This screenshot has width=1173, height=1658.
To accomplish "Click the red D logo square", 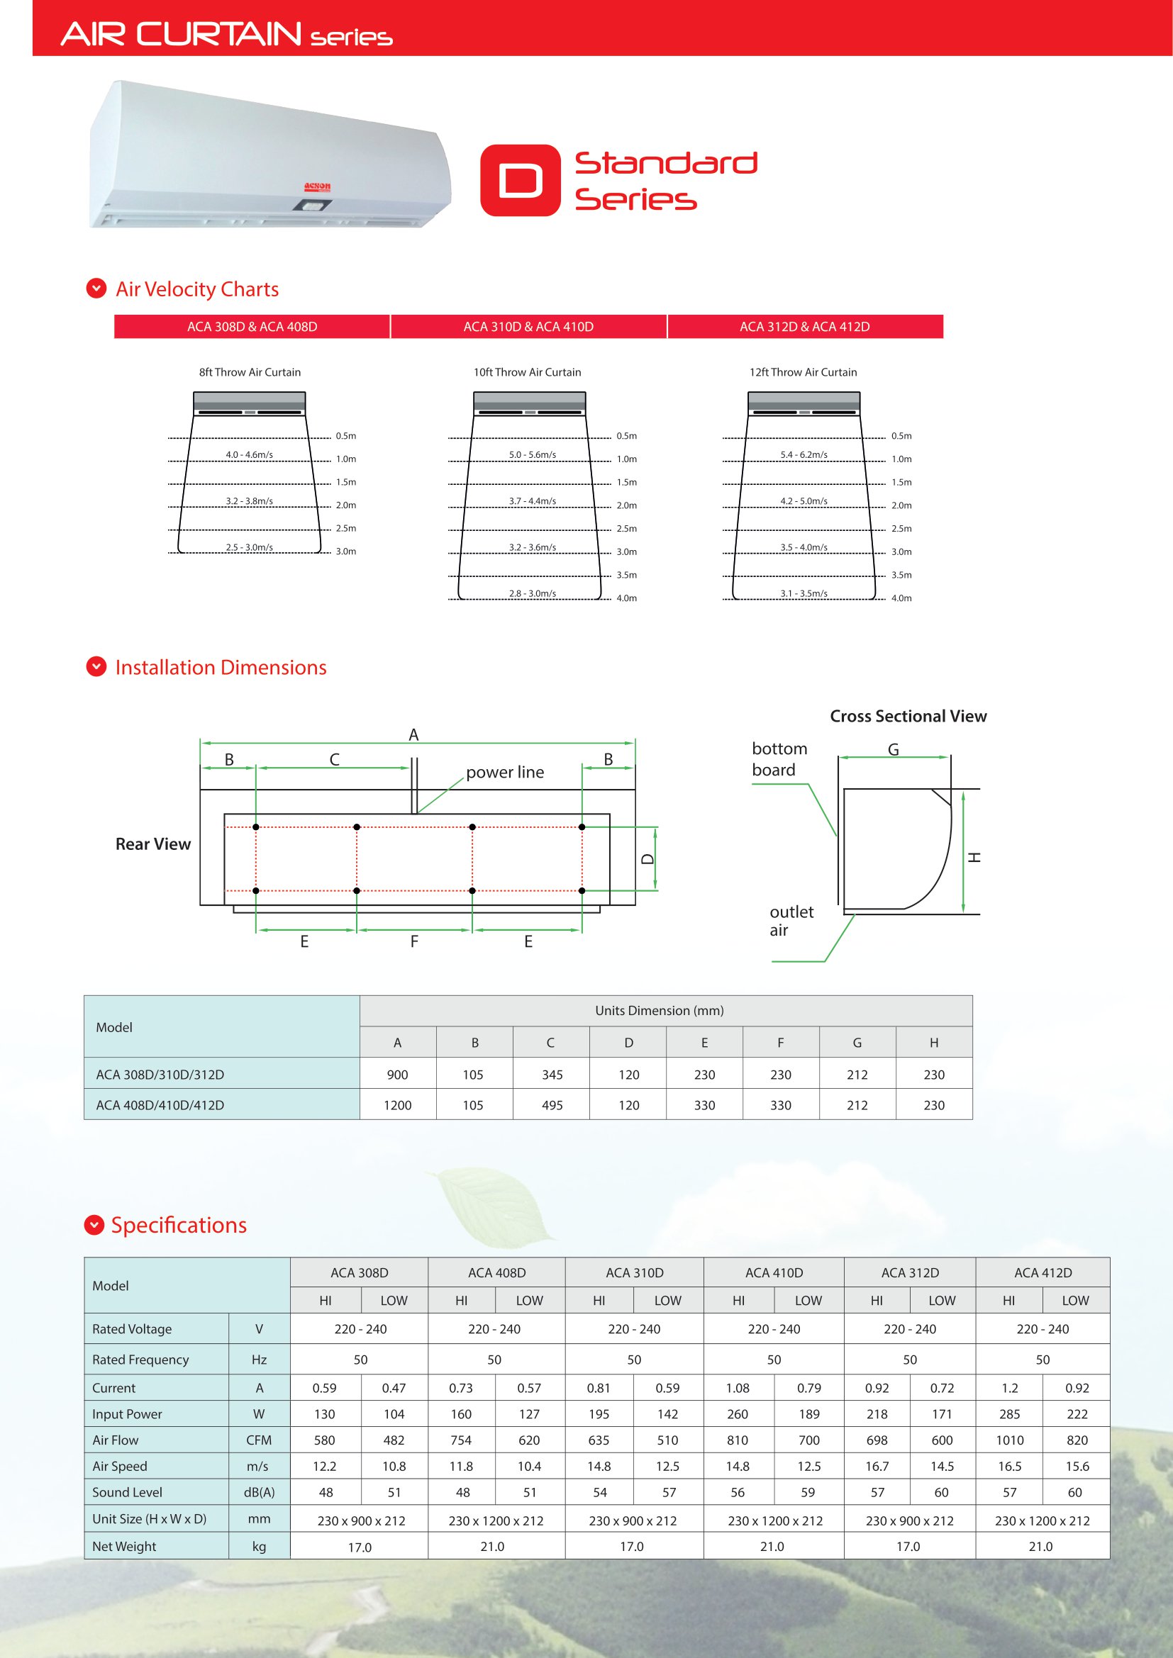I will point(520,180).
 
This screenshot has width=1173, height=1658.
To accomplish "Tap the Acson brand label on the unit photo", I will point(317,187).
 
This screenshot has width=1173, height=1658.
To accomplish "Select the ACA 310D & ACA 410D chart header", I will point(528,326).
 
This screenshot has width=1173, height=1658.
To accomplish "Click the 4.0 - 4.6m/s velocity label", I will point(249,455).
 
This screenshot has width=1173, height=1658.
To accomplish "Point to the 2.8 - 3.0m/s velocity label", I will point(533,593).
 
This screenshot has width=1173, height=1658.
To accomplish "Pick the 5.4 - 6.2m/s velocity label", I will point(804,455).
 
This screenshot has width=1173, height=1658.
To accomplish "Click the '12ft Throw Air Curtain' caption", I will point(803,372).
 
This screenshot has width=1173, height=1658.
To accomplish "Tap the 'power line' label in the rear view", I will point(505,772).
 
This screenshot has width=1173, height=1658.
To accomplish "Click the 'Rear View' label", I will point(153,844).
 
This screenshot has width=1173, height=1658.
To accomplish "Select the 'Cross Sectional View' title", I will point(908,717).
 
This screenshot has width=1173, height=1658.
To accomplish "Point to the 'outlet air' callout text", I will point(791,921).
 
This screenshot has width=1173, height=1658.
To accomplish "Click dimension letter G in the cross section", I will point(894,749).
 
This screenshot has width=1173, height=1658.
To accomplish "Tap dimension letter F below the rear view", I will point(414,941).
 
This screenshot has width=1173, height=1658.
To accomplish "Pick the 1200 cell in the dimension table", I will point(397,1105).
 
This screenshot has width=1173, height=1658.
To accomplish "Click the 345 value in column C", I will point(552,1075).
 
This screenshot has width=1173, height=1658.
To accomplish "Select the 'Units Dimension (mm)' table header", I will point(659,1010).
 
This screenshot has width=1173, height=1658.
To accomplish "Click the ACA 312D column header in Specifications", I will point(909,1272).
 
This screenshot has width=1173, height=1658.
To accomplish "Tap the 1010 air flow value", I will point(1009,1440).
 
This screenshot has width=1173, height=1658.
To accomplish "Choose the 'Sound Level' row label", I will point(127,1492).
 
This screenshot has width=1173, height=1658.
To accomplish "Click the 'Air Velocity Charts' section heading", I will point(196,289).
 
